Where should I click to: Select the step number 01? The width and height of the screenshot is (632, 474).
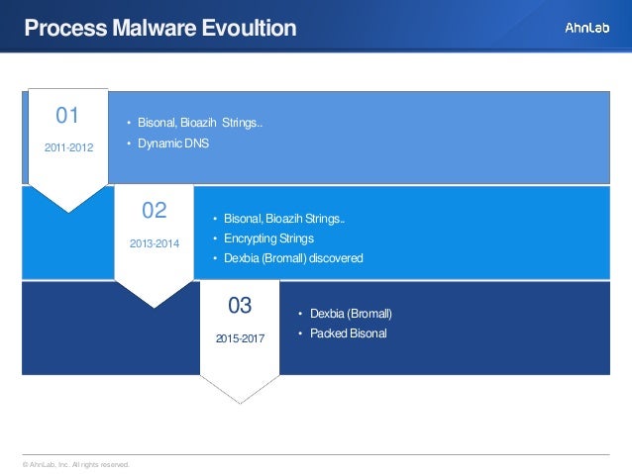[x=67, y=116]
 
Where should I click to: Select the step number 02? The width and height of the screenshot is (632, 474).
[x=155, y=210]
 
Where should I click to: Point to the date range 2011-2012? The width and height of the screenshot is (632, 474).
[x=68, y=147]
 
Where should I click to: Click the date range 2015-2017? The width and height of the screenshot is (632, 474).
[x=240, y=337]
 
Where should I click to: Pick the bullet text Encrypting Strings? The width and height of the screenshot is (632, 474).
[x=268, y=238]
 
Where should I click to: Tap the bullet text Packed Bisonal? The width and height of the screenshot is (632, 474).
[x=348, y=333]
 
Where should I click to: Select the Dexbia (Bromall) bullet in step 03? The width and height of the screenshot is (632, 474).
[x=351, y=314]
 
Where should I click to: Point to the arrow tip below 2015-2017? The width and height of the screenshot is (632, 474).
[x=240, y=402]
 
